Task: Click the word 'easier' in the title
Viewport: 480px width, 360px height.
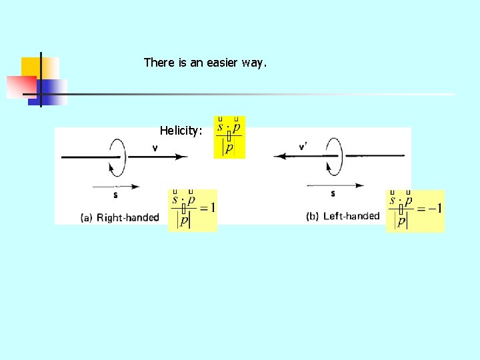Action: [222, 63]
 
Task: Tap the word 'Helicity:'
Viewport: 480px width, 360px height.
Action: [181, 131]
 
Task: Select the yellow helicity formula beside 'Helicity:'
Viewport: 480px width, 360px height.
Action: [229, 137]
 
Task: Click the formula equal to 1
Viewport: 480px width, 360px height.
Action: [193, 210]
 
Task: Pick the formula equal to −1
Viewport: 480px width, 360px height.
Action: [415, 211]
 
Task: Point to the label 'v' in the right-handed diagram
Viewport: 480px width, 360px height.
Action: [155, 148]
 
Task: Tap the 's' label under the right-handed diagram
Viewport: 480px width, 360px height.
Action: [116, 195]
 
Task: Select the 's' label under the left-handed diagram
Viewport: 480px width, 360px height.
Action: [333, 194]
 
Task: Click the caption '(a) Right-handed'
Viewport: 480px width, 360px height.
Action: [119, 217]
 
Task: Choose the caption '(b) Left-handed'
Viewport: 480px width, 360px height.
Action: [343, 216]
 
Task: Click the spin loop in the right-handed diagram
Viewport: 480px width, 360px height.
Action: [117, 157]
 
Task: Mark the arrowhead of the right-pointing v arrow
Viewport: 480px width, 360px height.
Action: [182, 157]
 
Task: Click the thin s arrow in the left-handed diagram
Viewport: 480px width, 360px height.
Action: [333, 185]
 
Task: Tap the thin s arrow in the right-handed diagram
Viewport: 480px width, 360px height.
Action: [117, 186]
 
